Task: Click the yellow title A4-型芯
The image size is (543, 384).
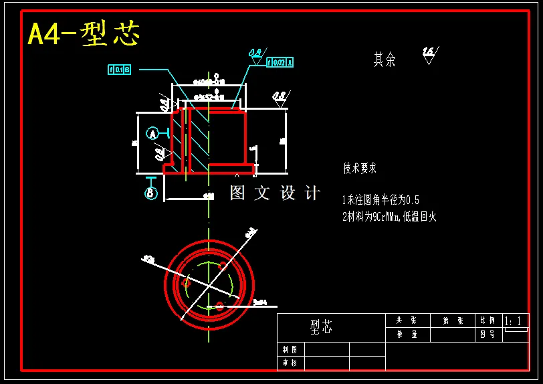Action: point(84,34)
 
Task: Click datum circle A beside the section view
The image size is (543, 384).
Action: point(153,134)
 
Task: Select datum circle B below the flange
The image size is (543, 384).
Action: point(151,193)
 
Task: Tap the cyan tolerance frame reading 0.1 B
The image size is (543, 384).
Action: point(119,69)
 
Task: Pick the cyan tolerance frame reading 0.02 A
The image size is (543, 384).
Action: point(280,63)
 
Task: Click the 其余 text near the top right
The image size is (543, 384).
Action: point(385,60)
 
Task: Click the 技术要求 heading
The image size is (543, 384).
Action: point(360,169)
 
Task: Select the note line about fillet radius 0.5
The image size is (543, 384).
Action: point(381,199)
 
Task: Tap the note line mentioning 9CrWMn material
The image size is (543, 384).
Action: point(389,217)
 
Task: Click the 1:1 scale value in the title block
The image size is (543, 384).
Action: point(514,322)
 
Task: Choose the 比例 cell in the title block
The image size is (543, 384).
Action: point(487,321)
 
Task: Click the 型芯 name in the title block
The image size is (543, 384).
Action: point(321,327)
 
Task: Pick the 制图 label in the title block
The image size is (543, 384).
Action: point(290,349)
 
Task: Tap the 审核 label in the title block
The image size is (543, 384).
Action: point(290,363)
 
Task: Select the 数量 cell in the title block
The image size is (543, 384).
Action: point(407,334)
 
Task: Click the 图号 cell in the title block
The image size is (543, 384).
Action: point(487,334)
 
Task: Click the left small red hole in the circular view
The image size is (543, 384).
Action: point(187,284)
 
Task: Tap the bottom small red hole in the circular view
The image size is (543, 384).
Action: point(219,306)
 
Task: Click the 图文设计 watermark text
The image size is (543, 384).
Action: point(275,193)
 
